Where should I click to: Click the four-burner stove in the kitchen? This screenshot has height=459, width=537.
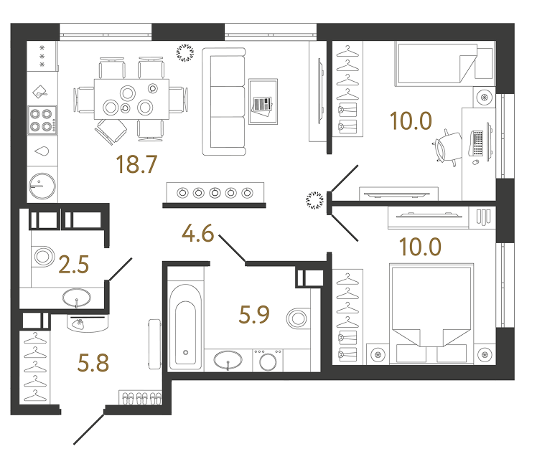[42, 120]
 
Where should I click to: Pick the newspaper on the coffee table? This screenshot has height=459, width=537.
[262, 105]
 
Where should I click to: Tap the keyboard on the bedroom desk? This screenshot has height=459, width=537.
[477, 142]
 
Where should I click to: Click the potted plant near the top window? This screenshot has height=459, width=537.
[186, 53]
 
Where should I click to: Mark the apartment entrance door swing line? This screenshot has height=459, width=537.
[90, 429]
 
